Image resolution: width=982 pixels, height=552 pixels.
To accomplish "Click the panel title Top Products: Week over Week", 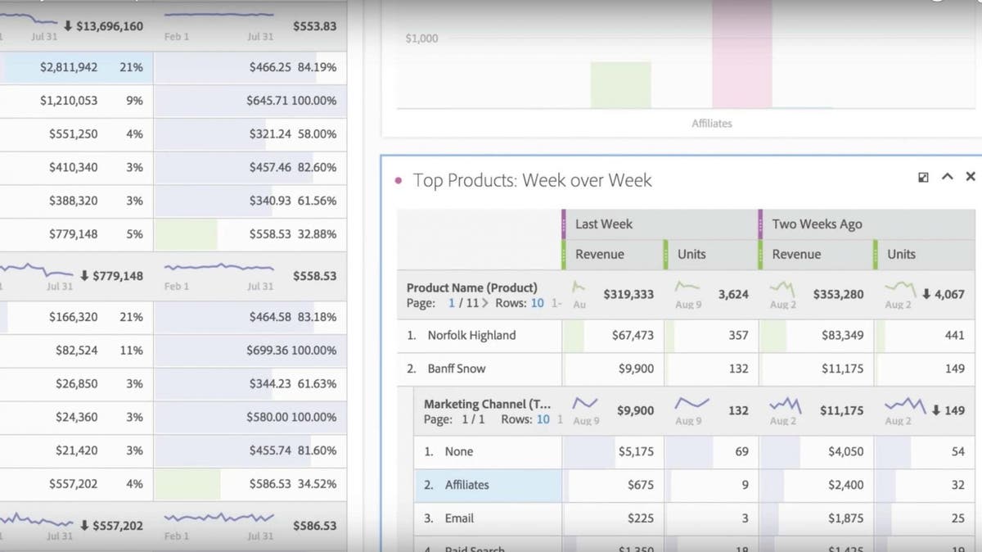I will click(532, 180).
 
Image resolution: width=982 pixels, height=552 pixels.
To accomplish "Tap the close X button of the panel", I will click(971, 177).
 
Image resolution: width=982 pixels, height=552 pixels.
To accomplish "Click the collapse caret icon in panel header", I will click(948, 177).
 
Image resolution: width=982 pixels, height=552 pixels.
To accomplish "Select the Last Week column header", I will click(604, 224).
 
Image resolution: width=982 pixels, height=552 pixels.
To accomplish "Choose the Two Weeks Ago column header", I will click(817, 224).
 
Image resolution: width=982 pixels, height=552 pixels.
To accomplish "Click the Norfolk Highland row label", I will click(471, 335).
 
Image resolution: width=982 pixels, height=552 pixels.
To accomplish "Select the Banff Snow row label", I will click(457, 369).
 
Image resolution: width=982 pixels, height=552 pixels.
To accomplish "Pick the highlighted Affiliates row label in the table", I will click(466, 485).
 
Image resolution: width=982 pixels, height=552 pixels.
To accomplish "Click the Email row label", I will click(459, 518).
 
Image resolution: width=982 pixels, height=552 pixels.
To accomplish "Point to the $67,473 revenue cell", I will click(633, 335).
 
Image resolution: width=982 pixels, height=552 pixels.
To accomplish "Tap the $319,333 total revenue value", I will click(628, 294).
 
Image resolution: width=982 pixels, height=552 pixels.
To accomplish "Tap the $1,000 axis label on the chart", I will click(421, 38).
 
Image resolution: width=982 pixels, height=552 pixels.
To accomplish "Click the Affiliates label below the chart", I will click(711, 124).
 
